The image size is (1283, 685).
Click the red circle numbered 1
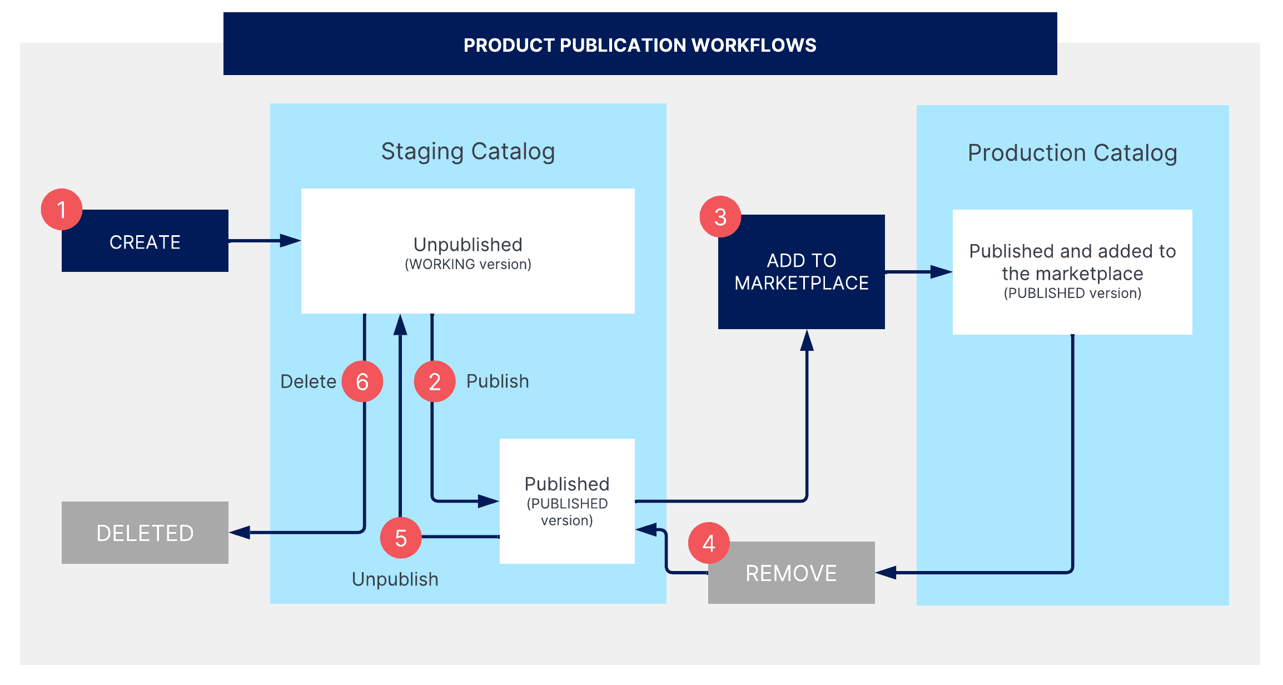click(62, 210)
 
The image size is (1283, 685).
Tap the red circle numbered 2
click(435, 381)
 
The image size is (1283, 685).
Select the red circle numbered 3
click(720, 217)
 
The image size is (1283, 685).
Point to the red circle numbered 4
click(709, 543)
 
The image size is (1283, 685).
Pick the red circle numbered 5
click(401, 538)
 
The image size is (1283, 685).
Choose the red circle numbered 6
click(362, 381)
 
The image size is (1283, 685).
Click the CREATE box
click(145, 241)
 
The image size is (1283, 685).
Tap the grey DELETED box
click(145, 533)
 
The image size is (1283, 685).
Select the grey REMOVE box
click(791, 573)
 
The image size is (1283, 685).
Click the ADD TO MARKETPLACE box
click(801, 272)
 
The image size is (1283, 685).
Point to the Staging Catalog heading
click(468, 151)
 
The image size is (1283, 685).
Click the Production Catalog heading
click(1072, 153)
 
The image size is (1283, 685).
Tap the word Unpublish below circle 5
click(395, 579)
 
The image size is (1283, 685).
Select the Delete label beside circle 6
click(308, 381)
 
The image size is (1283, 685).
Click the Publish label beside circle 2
click(498, 381)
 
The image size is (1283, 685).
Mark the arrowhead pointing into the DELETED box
click(239, 533)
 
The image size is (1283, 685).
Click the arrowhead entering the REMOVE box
click(886, 572)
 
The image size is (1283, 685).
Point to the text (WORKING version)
click(468, 264)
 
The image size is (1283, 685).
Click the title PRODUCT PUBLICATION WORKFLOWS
click(640, 45)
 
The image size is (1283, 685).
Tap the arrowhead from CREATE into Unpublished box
click(290, 241)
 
